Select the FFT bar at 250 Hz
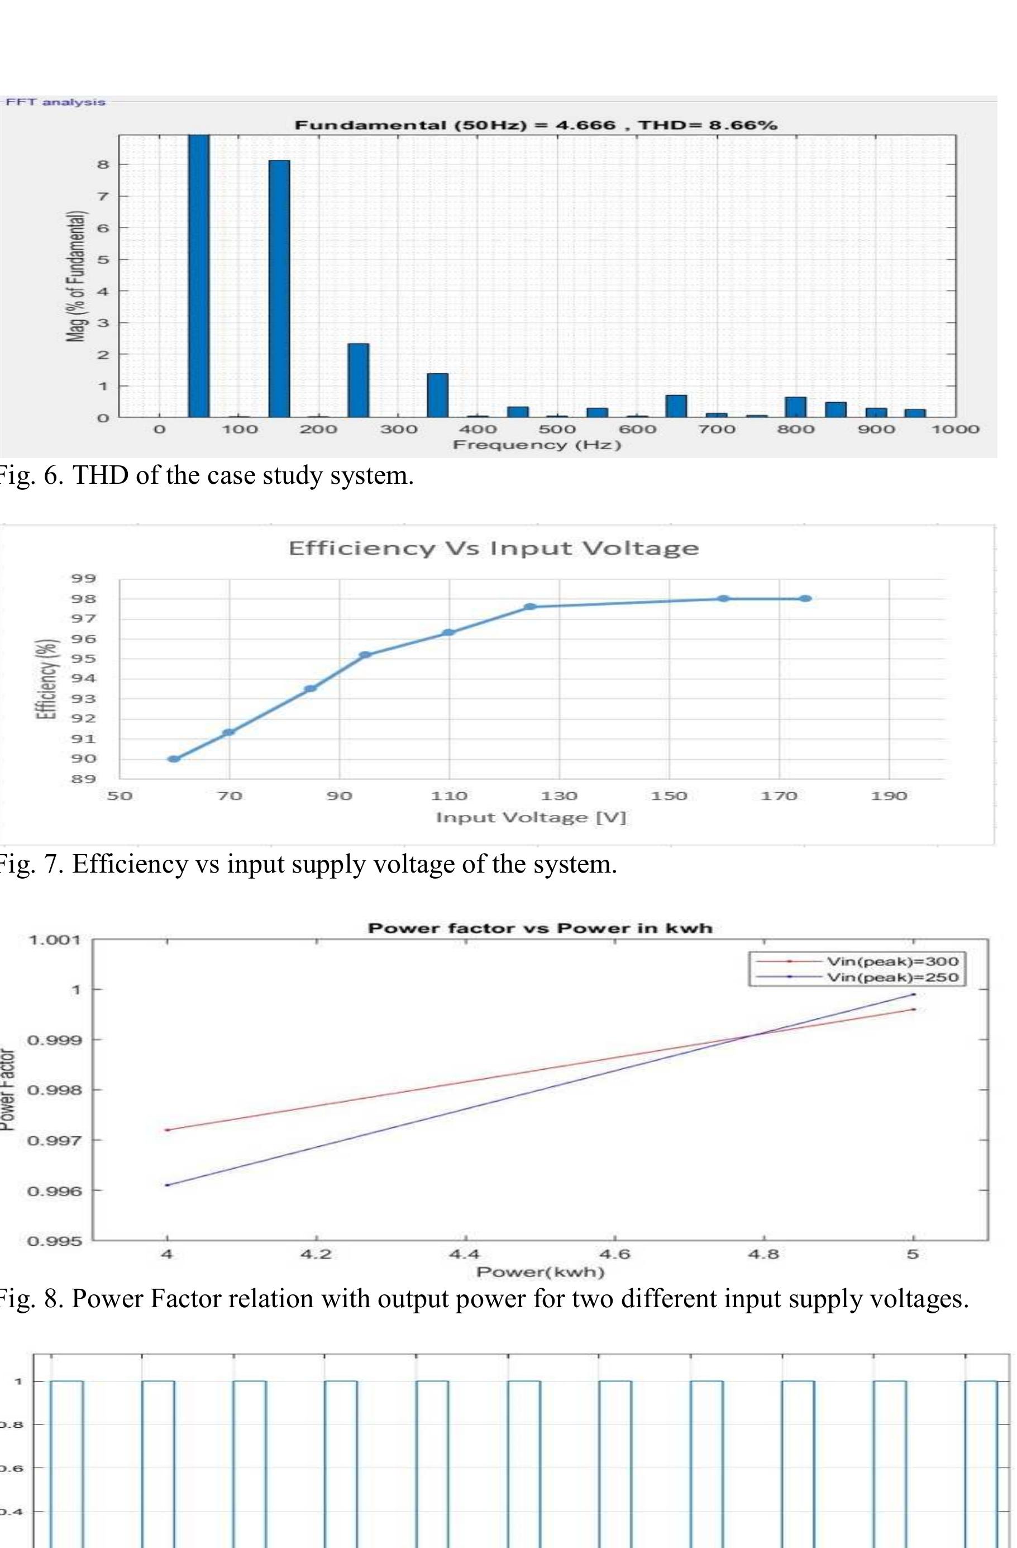point(359,380)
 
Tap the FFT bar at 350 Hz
point(438,395)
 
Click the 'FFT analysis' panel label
point(55,102)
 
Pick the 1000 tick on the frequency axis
point(955,429)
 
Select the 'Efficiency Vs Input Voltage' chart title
point(494,548)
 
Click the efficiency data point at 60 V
point(174,759)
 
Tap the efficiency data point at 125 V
point(530,607)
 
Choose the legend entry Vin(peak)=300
point(892,961)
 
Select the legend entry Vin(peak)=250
point(892,977)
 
